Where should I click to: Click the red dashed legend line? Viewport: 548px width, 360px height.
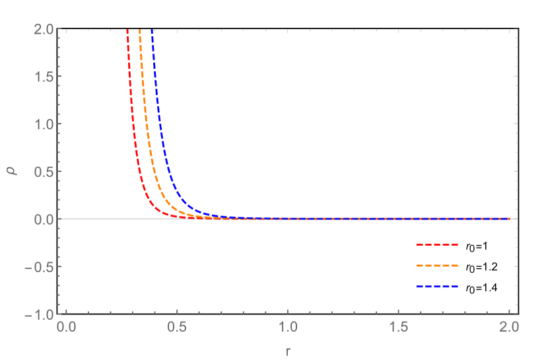point(436,244)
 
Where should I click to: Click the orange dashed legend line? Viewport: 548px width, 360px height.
point(436,266)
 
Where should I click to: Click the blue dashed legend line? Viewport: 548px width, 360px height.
point(436,287)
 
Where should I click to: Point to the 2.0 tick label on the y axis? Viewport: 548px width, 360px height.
point(44,29)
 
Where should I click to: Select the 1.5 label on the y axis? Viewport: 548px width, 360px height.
point(44,77)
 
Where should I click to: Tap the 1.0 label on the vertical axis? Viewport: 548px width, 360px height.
point(44,124)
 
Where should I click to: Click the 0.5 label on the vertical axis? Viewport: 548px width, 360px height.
point(44,172)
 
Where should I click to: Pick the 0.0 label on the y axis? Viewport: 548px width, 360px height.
point(44,219)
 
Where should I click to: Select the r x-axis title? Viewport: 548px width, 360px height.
point(288,351)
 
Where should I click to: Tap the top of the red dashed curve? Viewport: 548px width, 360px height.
point(127,30)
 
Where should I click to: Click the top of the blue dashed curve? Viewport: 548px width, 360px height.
point(153,30)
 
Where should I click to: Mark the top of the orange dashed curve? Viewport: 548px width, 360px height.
point(139,30)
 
